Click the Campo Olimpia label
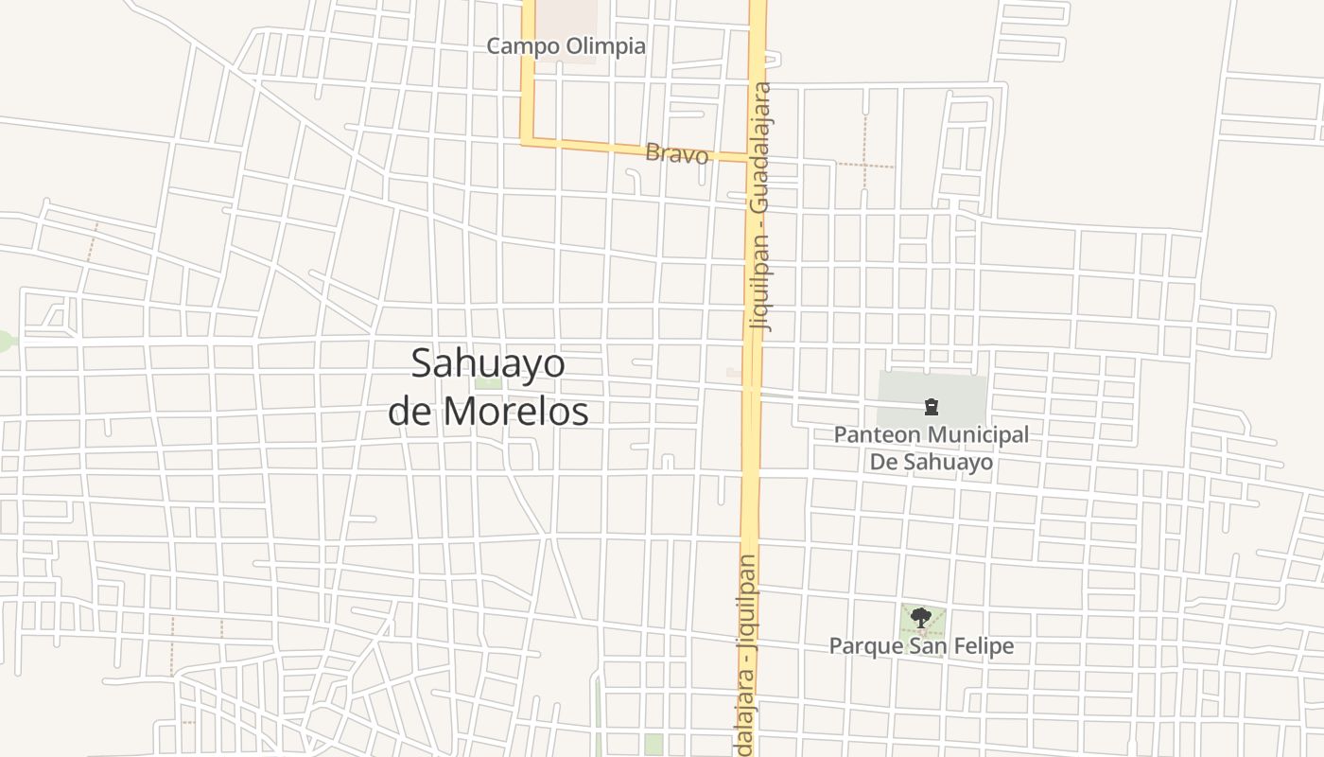tap(566, 45)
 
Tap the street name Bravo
tap(676, 153)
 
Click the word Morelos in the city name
tap(515, 412)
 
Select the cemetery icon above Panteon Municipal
tap(931, 408)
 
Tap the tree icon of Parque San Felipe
tap(920, 619)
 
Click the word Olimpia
tap(605, 45)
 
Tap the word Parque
tap(860, 646)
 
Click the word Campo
tap(523, 45)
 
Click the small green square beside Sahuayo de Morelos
tap(488, 382)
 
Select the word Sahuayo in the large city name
tap(488, 364)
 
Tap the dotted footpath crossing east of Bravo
tap(864, 165)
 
